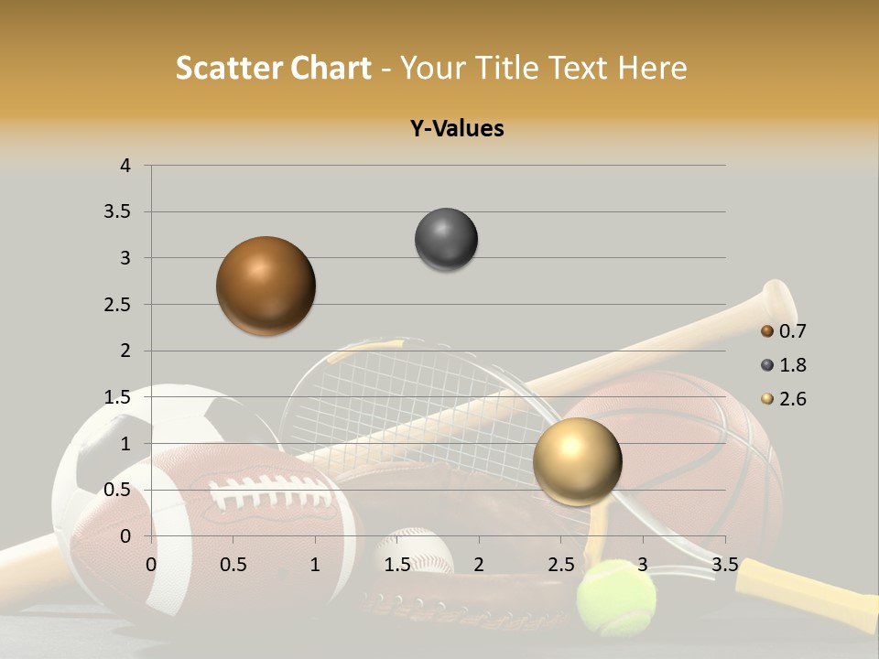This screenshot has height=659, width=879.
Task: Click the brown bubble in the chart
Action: coord(266,286)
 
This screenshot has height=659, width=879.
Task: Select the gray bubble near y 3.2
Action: coord(446,240)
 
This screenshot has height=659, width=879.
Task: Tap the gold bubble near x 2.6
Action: coord(577,461)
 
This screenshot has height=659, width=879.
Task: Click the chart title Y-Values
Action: coord(457,128)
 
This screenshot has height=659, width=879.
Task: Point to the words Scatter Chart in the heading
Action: coord(273,68)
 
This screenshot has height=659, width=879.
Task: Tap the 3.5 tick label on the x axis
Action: coord(724,564)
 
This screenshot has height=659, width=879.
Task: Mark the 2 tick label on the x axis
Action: coord(479,564)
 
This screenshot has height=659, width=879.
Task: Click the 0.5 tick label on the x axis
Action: coord(233,564)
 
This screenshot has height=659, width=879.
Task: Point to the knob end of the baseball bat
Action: coord(778,297)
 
